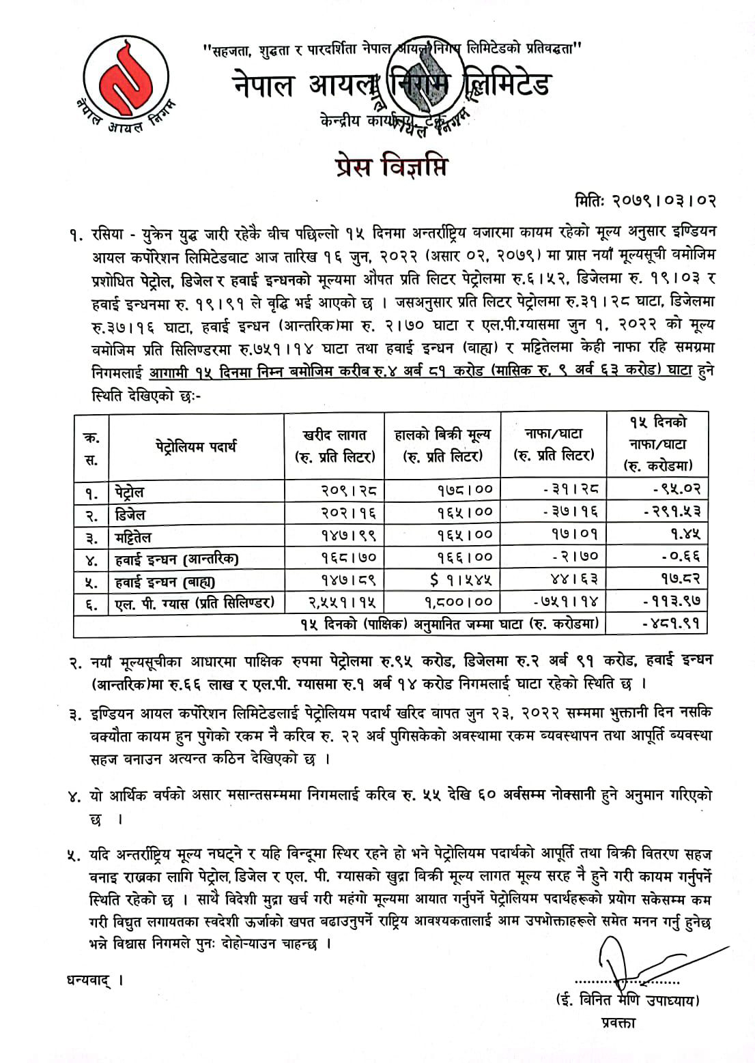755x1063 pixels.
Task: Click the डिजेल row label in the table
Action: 129,514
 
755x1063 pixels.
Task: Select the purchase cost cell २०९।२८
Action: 347,490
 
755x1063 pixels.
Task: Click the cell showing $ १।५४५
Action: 461,579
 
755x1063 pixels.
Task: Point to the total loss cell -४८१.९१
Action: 671,624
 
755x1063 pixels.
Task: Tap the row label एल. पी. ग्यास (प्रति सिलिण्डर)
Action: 195,602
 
